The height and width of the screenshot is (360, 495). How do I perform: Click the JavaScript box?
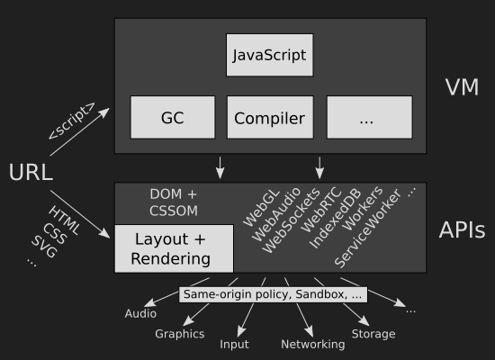[270, 55]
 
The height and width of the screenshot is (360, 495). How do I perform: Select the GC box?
[173, 118]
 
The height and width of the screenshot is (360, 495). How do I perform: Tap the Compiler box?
[270, 118]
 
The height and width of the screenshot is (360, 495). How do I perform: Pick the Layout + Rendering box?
[174, 248]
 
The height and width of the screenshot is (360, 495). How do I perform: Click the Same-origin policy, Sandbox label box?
[273, 294]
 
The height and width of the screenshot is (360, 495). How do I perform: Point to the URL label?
[31, 173]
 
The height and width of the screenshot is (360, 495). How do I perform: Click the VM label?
[462, 87]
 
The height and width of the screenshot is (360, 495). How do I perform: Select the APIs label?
[463, 229]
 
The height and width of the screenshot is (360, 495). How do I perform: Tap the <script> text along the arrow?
[72, 121]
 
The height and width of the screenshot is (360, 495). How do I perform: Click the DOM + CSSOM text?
[174, 202]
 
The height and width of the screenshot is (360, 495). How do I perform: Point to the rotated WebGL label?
[261, 208]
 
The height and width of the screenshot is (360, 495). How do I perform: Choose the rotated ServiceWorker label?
[367, 228]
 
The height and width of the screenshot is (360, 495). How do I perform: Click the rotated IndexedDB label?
[335, 219]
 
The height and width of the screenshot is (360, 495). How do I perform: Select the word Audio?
[140, 313]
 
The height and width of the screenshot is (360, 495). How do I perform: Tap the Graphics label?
[180, 334]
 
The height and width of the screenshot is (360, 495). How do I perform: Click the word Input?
[234, 345]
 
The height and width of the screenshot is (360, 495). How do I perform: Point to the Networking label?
[313, 345]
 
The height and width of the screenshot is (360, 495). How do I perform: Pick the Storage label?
[373, 334]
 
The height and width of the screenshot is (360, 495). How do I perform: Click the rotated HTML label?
[65, 220]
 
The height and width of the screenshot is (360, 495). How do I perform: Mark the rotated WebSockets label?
[291, 220]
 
